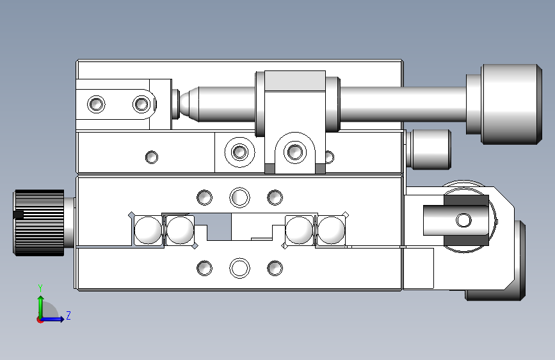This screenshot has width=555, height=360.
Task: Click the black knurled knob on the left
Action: [x=39, y=222]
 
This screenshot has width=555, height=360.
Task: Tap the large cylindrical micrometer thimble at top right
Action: [x=511, y=104]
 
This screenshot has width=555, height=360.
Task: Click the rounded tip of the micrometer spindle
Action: [x=185, y=104]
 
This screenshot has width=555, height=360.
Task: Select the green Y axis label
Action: [x=40, y=288]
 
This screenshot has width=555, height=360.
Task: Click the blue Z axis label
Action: [x=68, y=315]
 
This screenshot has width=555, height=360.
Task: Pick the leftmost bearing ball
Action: [x=148, y=231]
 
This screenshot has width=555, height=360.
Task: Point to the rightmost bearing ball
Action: [x=331, y=231]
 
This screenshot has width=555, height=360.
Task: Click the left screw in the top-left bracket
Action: [x=96, y=104]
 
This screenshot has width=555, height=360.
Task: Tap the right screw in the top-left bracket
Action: [x=141, y=104]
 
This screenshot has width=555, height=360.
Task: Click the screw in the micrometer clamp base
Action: [x=295, y=152]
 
